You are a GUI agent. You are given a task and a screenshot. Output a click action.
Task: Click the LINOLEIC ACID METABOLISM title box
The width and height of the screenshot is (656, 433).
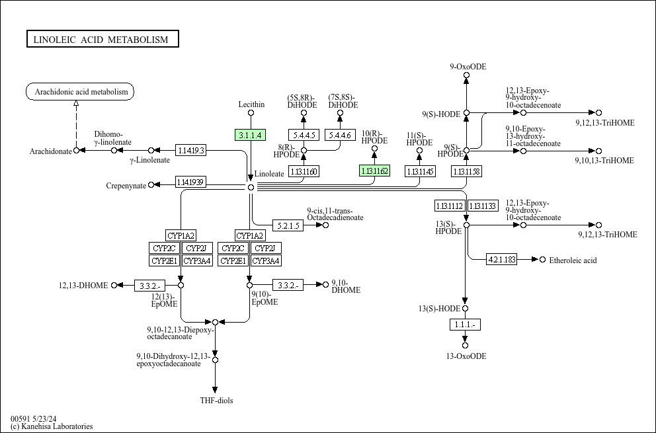(102, 40)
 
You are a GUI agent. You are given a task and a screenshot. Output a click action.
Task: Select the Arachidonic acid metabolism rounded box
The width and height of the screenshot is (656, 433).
(80, 92)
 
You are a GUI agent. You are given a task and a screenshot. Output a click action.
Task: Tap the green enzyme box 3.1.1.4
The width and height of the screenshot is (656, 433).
(250, 135)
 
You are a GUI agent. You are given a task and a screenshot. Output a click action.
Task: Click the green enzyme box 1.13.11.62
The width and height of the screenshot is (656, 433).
(374, 171)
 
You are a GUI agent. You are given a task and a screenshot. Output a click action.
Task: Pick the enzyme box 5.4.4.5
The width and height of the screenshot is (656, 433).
(304, 135)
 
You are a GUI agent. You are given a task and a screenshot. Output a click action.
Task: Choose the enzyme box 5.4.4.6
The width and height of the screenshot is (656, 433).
(341, 135)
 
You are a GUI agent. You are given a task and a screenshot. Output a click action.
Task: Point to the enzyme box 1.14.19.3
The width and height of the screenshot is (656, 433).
(191, 150)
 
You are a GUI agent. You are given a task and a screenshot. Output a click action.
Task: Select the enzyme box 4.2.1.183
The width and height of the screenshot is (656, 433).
(502, 259)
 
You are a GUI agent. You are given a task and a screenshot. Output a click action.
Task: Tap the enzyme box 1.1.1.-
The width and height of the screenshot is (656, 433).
(465, 325)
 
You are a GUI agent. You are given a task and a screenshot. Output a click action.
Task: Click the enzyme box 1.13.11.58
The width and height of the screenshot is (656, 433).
(466, 171)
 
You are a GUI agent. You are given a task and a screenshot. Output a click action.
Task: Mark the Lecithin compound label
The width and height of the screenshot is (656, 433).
(251, 104)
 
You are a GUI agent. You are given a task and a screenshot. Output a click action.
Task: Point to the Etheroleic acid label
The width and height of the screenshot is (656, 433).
(573, 260)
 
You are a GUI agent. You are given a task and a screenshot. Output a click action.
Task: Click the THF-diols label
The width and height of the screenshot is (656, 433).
(216, 400)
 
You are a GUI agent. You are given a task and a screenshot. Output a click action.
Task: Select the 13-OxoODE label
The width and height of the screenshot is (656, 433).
(466, 356)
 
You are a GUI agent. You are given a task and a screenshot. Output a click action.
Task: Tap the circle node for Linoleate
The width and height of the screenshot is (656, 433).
(251, 187)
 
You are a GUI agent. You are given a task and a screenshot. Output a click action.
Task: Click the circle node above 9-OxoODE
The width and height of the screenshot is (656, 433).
(466, 76)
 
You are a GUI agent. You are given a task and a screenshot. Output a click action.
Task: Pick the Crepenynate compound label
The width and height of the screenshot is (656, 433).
(126, 186)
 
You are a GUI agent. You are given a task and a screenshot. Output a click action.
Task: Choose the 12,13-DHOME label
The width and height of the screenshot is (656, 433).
(83, 285)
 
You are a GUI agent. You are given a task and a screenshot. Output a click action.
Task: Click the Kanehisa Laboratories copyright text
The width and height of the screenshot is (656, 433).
(52, 426)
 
